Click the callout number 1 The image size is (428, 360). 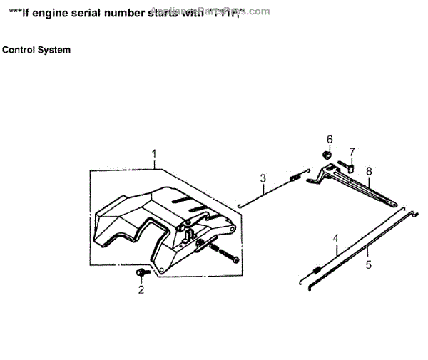coord(153,153)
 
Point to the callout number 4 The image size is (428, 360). coord(335,239)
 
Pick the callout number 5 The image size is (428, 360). coord(369,264)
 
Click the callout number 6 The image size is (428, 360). coord(330,138)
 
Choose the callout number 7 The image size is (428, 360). coord(351,152)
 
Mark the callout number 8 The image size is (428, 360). coord(369,171)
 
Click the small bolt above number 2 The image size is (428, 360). coord(141,273)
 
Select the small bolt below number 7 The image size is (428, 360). coord(350,168)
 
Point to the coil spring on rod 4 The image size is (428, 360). coord(315,269)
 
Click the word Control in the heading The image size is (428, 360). coord(19,50)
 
